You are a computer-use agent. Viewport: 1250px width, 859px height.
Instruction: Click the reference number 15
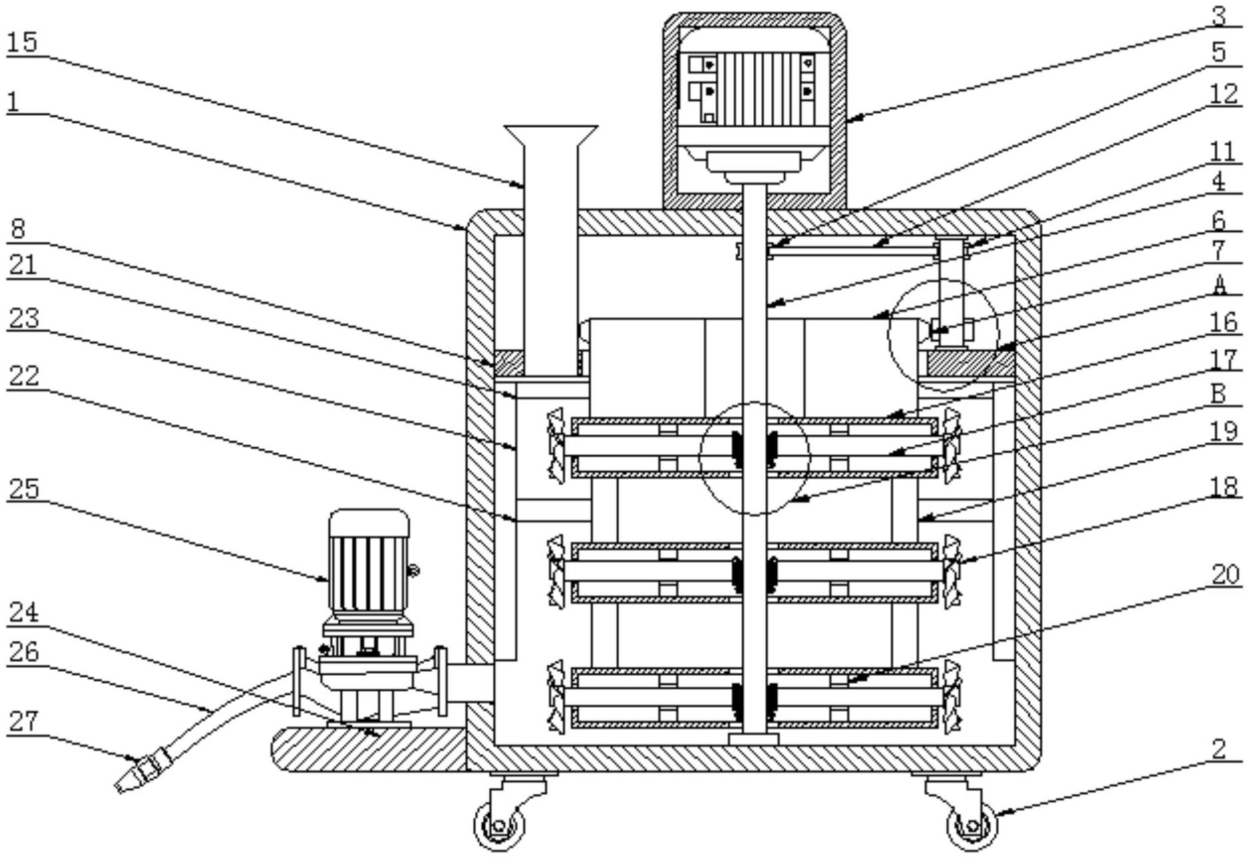click(22, 43)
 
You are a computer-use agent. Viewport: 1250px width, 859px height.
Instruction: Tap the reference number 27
click(23, 721)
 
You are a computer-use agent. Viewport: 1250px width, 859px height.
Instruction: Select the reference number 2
click(1218, 748)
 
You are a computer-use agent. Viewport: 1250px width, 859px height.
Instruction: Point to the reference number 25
click(23, 488)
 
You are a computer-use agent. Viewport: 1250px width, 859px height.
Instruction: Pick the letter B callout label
click(1218, 393)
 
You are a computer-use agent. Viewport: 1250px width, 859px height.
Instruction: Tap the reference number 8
click(18, 228)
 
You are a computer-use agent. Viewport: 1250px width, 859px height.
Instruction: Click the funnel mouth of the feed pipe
click(551, 134)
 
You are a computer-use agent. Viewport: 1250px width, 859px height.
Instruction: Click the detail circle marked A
click(944, 334)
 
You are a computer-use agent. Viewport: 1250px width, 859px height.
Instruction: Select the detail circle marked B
click(754, 458)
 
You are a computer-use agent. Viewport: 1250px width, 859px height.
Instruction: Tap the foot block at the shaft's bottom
click(753, 739)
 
